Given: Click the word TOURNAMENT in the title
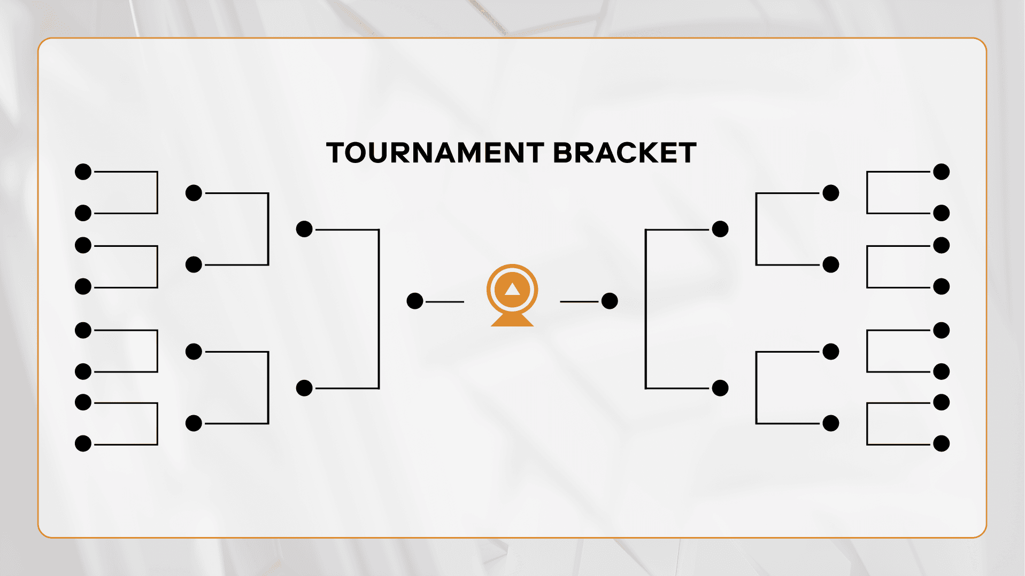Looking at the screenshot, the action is click(435, 153).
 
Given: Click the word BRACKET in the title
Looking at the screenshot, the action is click(625, 153).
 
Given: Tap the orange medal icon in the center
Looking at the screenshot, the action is click(512, 295).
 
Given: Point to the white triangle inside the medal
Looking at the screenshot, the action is click(512, 289).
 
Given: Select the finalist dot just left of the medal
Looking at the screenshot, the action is click(415, 301).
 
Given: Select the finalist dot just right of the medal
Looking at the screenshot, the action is click(610, 301).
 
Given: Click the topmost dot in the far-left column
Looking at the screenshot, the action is click(83, 172).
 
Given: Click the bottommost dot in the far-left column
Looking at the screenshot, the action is click(83, 443).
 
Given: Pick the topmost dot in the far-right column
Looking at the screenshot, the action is click(941, 172).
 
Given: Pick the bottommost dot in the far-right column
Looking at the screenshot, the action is click(941, 443).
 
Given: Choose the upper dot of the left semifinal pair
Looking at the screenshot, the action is click(304, 229).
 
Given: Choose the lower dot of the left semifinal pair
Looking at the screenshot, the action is click(304, 388).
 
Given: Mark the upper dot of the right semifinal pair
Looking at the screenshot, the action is click(720, 229).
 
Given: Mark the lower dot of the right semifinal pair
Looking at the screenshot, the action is click(720, 388).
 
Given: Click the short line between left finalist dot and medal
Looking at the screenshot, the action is click(445, 301).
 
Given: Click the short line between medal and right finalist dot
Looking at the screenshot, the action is click(579, 301).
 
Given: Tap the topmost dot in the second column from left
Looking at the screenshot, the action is click(194, 193).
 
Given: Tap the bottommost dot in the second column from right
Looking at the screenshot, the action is click(831, 423).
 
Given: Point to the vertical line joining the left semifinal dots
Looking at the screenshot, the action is click(379, 309).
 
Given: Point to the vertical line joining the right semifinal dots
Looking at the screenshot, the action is click(646, 309).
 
